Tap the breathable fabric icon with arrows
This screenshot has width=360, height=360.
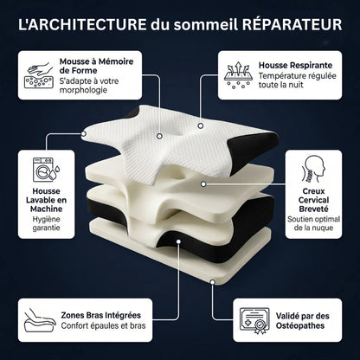235,74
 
